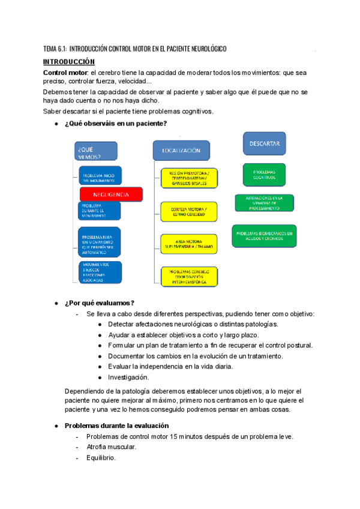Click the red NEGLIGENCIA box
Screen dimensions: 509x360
111,194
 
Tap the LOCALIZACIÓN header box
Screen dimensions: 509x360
181,151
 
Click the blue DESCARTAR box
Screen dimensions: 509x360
265,144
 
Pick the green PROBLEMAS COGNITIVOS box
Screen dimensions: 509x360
265,175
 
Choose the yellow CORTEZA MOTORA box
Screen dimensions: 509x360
188,211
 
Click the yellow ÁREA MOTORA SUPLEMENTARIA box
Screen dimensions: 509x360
188,243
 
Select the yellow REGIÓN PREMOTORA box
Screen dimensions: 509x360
188,178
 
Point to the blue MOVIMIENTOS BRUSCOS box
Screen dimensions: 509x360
100,273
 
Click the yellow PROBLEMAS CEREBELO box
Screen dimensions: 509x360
188,276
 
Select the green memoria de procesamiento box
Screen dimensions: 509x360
264,202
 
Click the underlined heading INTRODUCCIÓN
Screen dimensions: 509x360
69,62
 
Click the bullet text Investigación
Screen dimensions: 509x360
128,378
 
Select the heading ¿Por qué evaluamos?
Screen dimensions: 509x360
99,302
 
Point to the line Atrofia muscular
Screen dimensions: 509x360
111,447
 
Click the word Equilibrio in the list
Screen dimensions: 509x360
101,458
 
